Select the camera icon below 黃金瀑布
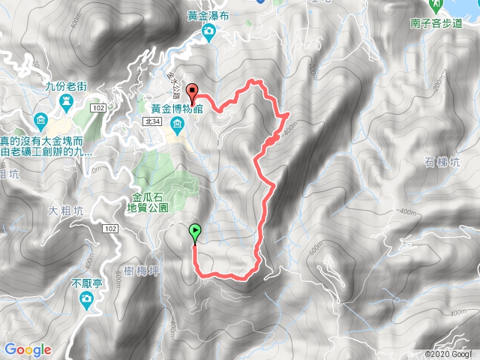(x=208, y=31)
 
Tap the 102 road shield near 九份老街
(x=98, y=108)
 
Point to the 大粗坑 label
(x=63, y=210)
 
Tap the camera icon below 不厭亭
(x=86, y=300)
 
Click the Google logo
(x=27, y=349)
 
